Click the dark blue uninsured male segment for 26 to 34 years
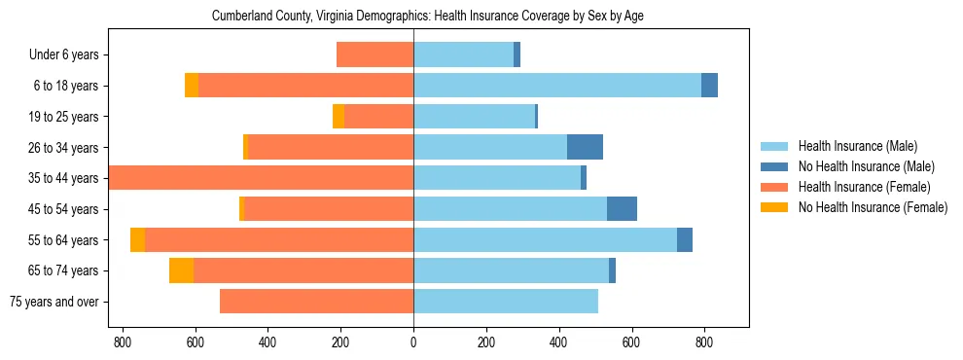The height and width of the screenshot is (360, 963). [x=585, y=147]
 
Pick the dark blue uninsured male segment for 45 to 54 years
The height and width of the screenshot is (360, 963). [x=622, y=209]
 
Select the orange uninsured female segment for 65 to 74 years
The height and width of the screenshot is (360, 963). [x=181, y=270]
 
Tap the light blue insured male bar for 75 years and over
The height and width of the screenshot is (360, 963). [x=506, y=302]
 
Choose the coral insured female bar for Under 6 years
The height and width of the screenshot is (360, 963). [x=374, y=55]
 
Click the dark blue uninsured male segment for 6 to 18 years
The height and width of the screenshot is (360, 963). [x=709, y=86]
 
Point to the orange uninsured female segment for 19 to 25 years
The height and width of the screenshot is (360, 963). [x=339, y=117]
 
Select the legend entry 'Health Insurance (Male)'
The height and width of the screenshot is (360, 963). [x=857, y=146]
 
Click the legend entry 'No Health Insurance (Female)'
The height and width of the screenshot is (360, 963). [x=873, y=207]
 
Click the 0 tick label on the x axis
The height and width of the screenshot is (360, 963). [x=413, y=342]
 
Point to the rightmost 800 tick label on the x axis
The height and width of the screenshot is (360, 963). [x=704, y=342]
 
